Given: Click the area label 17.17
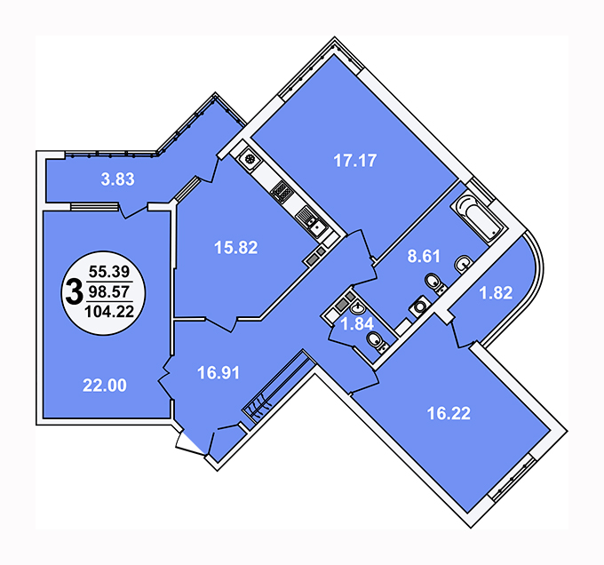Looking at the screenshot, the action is (354, 161).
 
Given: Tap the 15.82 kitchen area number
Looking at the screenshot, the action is (235, 247).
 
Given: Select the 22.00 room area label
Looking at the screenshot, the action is (105, 386).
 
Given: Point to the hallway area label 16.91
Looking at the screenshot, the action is (219, 373).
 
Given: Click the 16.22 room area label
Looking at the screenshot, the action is (449, 413).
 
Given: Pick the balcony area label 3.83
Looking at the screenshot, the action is (117, 179).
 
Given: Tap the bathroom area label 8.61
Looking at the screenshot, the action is (424, 256).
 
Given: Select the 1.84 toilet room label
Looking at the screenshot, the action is (357, 324).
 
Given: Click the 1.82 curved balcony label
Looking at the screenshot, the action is (496, 292).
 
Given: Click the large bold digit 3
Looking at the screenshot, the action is (75, 292).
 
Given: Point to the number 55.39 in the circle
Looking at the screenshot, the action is (109, 272).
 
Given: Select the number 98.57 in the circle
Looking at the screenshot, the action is (109, 291).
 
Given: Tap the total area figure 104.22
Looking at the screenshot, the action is (109, 311).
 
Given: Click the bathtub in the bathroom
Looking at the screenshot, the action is (477, 218).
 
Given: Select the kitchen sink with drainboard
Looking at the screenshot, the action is (311, 222).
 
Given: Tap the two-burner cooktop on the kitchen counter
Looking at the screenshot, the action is (282, 191).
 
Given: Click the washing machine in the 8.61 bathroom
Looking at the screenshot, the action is (420, 306).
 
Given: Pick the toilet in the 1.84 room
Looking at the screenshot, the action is (377, 342).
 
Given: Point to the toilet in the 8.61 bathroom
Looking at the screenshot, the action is (435, 283).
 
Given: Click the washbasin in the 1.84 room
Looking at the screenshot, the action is (358, 308).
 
